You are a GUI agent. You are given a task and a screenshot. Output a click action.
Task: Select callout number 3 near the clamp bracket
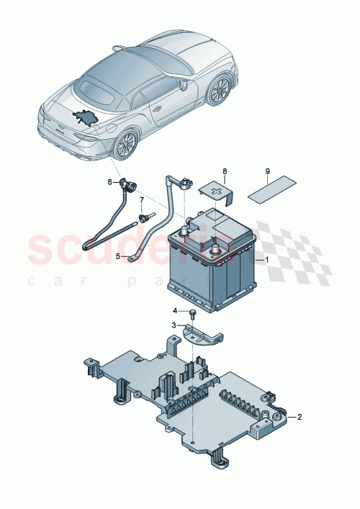click(174, 325)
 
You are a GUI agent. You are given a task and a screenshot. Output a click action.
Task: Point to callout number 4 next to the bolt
click(174, 311)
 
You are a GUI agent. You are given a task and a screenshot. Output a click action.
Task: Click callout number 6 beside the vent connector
click(110, 182)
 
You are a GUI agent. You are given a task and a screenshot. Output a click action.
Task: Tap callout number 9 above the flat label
click(267, 171)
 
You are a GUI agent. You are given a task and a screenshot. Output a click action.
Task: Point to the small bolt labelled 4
click(193, 314)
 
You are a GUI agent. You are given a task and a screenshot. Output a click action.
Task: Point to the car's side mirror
click(184, 85)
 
